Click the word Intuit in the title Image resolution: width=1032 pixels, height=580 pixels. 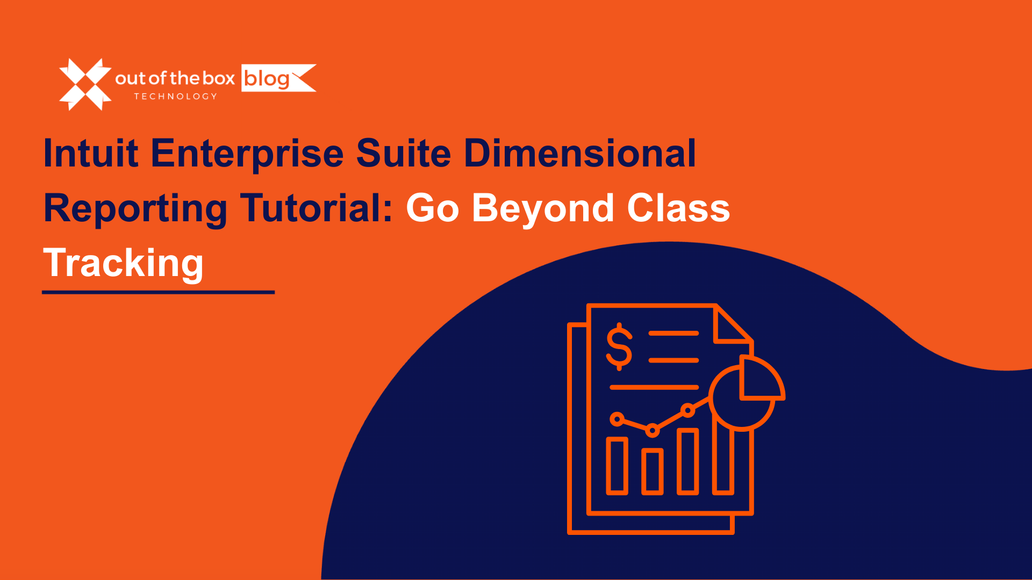[91, 153]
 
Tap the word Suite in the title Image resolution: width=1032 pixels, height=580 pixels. [404, 153]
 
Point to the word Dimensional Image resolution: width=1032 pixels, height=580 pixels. [580, 153]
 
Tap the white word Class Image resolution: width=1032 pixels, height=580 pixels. [678, 208]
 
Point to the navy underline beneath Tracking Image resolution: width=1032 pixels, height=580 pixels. [159, 292]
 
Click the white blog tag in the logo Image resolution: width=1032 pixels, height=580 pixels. [278, 78]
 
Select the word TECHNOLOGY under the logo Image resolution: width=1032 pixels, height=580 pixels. [176, 97]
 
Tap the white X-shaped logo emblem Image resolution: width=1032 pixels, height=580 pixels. [85, 84]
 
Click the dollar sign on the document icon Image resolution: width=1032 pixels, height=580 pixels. [619, 347]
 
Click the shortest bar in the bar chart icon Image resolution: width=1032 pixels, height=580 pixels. [653, 472]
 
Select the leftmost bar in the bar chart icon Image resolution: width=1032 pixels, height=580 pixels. [617, 466]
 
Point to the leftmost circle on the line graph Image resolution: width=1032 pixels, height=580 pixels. [617, 419]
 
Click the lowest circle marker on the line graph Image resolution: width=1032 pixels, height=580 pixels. [653, 430]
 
